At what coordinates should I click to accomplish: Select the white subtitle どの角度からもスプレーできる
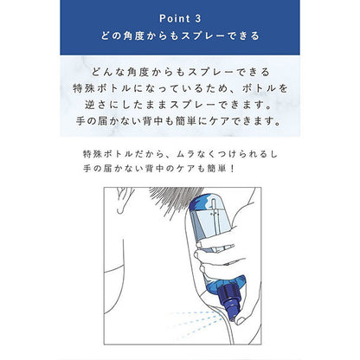(180, 38)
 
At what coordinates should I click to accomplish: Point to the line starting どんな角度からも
(180, 72)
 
